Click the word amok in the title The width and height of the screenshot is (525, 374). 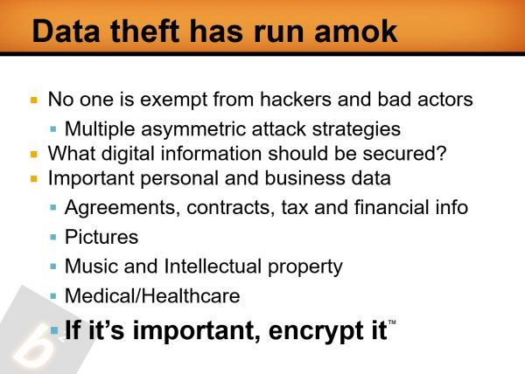356,31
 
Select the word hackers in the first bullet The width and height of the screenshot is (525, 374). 296,100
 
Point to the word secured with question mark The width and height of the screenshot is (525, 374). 404,154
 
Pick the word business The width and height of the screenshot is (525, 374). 304,177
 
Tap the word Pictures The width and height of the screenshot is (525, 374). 101,237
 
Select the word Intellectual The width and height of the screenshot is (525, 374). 213,267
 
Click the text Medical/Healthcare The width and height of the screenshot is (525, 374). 152,295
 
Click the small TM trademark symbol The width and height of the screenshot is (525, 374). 392,322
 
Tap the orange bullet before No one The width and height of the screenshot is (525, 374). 34,100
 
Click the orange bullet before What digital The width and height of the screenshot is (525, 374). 34,154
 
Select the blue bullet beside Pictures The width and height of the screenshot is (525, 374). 53,238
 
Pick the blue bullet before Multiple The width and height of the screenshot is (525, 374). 53,129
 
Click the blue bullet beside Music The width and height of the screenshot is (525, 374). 53,267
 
